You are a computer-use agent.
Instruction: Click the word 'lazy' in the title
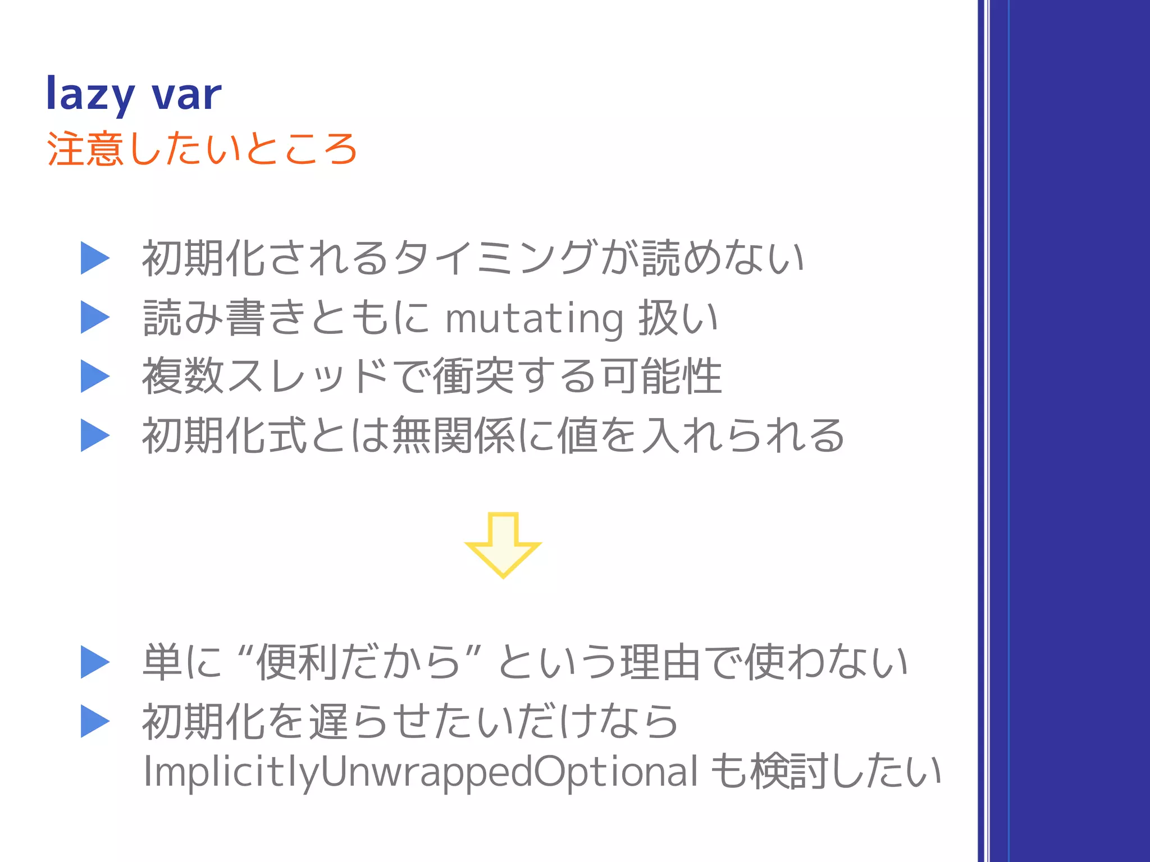[90, 94]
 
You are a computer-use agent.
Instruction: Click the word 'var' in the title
[187, 94]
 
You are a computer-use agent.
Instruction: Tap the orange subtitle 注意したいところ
[202, 149]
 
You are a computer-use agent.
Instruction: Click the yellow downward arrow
[503, 544]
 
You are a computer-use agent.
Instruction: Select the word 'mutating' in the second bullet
[534, 318]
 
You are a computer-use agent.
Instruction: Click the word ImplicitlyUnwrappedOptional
[421, 772]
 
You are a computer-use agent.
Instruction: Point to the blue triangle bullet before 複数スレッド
[94, 376]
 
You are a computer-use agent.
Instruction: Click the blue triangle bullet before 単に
[94, 662]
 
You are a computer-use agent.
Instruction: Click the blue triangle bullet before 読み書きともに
[94, 317]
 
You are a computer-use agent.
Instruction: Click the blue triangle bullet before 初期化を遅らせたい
[94, 721]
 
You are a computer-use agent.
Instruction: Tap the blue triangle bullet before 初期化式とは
[94, 435]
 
